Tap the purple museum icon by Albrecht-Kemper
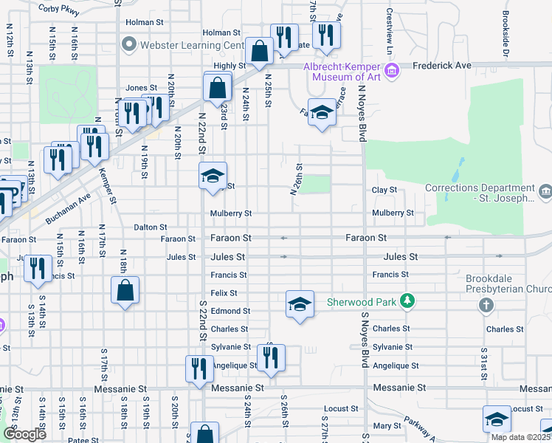pos(392,71)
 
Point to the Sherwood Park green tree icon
pos(405,301)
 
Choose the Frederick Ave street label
pos(442,66)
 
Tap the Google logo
pos(24,434)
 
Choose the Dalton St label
pos(151,227)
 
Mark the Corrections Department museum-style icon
pos(545,192)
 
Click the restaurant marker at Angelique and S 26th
pos(271,359)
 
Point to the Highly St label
pos(224,66)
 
